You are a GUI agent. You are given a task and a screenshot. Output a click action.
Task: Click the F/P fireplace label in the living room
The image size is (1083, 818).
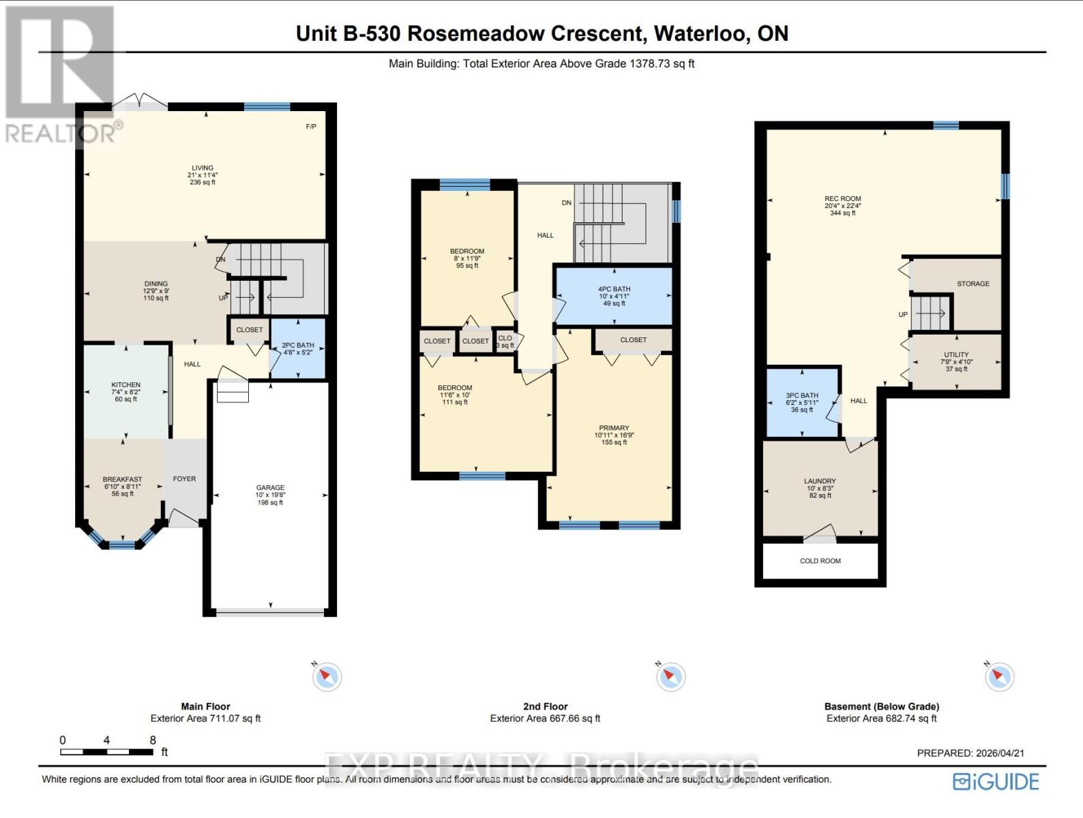point(311,127)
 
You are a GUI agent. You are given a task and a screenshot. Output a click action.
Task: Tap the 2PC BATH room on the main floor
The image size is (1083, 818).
point(298,349)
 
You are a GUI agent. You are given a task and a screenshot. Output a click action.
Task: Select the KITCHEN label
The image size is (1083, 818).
point(126,385)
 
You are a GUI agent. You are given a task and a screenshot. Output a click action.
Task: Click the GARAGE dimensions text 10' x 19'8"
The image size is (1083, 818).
point(270,496)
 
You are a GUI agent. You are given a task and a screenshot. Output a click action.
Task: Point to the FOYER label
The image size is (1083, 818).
point(184,479)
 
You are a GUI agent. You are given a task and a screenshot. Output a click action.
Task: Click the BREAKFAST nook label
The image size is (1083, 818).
point(123,480)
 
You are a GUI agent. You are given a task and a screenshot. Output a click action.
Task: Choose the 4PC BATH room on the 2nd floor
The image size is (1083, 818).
point(614,296)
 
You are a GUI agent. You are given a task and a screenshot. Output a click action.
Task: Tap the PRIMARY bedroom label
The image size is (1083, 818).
point(614,428)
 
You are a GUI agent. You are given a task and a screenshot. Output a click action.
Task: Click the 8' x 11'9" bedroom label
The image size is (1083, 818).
point(467,258)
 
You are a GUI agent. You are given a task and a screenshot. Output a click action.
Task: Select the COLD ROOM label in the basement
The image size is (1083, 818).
point(820,561)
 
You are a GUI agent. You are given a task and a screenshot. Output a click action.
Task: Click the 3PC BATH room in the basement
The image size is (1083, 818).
point(802,402)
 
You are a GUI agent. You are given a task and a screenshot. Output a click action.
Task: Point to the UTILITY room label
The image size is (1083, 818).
point(956,355)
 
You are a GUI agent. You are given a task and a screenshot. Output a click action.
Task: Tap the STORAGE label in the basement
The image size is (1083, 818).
point(973,284)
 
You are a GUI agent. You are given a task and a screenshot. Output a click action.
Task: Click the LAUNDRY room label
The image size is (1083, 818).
point(820,481)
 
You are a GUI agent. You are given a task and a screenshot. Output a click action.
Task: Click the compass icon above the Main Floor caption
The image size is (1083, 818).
point(327,677)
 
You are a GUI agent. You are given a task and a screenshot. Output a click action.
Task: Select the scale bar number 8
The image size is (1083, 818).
point(153,740)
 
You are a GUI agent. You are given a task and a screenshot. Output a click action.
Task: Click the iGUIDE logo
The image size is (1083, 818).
point(996,782)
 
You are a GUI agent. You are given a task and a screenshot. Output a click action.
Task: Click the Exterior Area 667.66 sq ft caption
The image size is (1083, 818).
point(545,718)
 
